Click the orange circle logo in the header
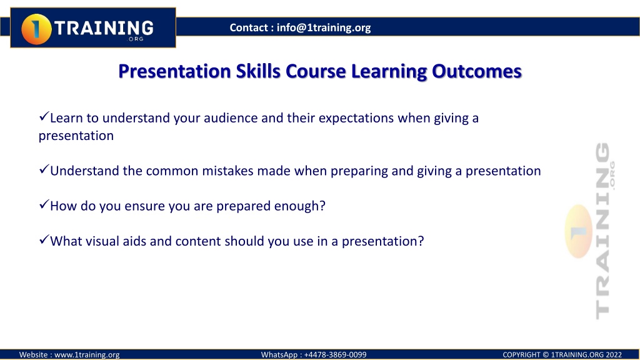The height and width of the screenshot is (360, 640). tap(36, 29)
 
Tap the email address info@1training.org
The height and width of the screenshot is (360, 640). tap(324, 27)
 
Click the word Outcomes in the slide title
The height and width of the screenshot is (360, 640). tap(477, 71)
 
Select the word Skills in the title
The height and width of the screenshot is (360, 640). tap(258, 71)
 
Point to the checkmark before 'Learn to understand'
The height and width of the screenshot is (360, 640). tap(44, 116)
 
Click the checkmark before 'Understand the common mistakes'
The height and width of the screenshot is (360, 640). tap(44, 169)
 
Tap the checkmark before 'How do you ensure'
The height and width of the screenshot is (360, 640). tap(44, 204)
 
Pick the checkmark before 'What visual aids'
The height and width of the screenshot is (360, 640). tap(44, 239)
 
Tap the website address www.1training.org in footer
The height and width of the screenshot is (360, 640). tap(87, 355)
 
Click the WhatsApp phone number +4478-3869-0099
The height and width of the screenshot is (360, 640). tap(335, 355)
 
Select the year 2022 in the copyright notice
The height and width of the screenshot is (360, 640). tap(614, 355)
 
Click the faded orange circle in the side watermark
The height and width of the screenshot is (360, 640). tap(578, 231)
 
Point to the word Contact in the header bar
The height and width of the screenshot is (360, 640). tap(249, 27)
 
